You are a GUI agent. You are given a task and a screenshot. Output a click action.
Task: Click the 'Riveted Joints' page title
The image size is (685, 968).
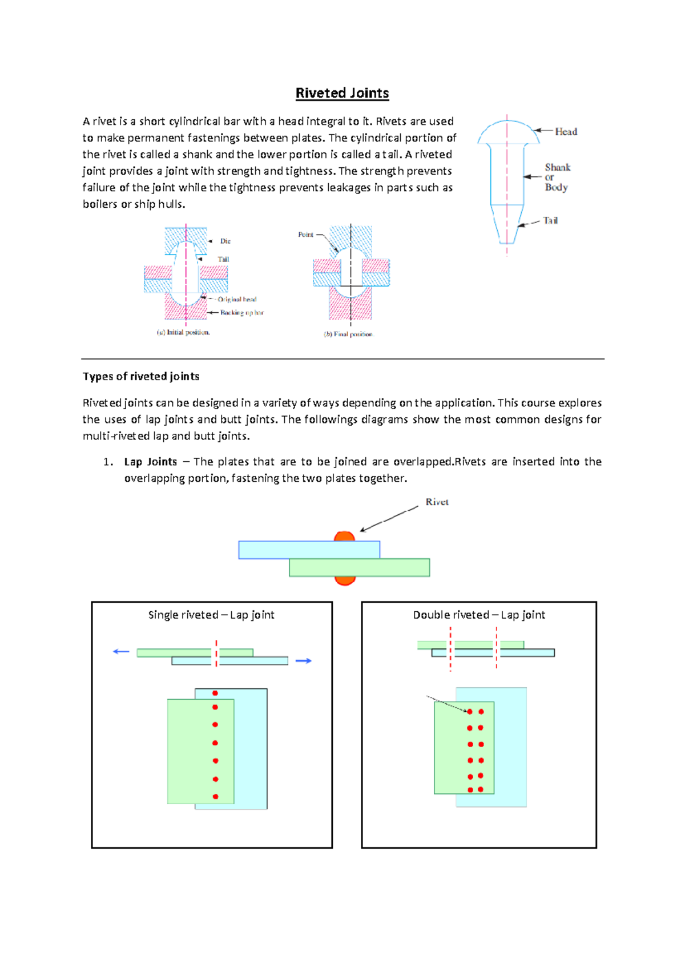342,93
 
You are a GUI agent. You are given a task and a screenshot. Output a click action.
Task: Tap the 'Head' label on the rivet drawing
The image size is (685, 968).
566,132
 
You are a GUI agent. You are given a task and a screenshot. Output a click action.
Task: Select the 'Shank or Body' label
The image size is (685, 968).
557,177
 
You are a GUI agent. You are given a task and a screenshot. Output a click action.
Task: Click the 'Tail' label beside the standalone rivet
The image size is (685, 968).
550,220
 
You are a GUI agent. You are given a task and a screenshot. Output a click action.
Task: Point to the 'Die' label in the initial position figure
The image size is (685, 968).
225,241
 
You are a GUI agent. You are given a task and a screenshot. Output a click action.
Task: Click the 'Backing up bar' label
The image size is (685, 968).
242,313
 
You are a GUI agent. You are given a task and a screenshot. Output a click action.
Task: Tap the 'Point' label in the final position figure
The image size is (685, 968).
305,235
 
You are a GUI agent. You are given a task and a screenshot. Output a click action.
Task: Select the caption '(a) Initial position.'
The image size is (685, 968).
183,332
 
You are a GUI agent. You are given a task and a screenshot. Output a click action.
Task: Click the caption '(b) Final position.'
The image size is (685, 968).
348,334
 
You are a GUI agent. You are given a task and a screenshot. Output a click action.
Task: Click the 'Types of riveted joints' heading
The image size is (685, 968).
141,376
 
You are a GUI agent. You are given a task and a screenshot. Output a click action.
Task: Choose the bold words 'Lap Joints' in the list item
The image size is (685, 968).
151,462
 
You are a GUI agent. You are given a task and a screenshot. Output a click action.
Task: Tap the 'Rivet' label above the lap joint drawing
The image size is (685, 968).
437,502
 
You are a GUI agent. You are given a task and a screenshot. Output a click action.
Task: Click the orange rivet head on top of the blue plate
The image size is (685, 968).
344,537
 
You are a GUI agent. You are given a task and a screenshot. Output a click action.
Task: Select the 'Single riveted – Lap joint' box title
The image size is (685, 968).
211,615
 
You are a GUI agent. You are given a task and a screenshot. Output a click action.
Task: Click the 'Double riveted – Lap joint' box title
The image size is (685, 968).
479,615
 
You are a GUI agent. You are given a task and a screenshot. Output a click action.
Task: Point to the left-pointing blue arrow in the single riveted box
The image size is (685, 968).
121,651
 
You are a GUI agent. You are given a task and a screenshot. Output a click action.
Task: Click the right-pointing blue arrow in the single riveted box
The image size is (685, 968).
304,661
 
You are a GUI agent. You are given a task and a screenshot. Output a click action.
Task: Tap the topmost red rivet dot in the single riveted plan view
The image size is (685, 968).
215,693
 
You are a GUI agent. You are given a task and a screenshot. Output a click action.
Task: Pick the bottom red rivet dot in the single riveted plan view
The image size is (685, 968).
215,796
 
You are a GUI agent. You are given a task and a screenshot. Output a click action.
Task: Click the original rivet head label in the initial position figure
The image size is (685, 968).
237,299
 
